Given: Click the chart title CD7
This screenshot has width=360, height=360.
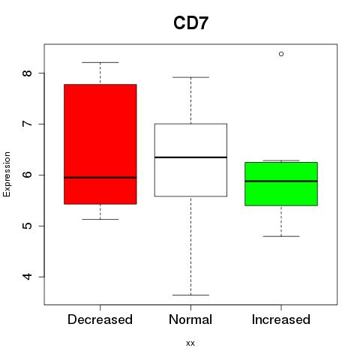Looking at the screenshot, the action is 190,23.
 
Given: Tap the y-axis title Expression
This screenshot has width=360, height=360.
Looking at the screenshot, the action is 7,174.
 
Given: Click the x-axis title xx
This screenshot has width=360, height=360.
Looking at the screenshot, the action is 190,343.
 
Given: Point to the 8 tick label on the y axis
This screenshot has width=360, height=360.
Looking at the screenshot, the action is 28,73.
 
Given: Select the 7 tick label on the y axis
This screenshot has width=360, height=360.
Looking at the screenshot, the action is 28,124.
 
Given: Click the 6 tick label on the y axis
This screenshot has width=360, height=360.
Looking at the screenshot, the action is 28,175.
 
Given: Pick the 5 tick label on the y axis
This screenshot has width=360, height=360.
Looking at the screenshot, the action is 28,226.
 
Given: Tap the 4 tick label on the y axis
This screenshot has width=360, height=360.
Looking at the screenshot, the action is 28,277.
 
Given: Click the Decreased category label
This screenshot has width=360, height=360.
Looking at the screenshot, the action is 100,319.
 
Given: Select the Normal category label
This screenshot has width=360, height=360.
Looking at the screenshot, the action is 190,319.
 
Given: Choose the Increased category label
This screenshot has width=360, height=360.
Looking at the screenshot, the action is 281,319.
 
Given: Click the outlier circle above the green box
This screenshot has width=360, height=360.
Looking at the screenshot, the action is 281,54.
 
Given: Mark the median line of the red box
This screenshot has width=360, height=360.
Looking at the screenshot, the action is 100,178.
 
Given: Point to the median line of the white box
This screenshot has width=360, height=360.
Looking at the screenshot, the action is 190,157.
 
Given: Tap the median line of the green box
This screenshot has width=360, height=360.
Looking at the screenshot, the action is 281,181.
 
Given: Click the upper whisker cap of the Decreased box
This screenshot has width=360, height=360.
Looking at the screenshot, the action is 100,62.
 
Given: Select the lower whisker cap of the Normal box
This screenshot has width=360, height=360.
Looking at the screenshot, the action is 190,295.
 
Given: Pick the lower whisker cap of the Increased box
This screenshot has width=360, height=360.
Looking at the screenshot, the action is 281,236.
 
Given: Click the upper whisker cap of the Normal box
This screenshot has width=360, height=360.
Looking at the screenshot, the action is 190,77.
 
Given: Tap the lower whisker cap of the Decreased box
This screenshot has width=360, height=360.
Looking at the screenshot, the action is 100,219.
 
